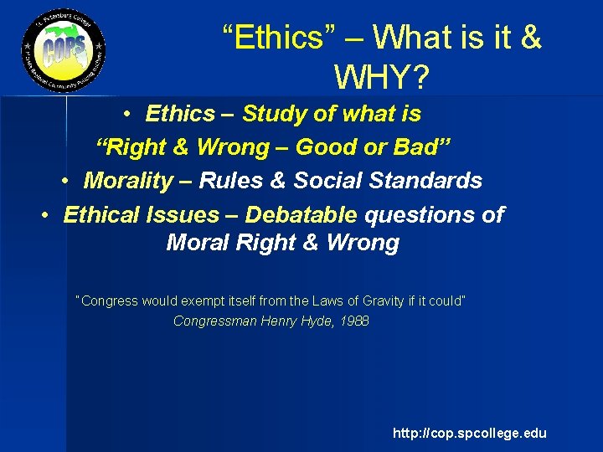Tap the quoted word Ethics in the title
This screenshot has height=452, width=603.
point(281,37)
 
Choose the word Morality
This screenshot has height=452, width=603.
point(131,181)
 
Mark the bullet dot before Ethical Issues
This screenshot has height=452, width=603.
point(48,215)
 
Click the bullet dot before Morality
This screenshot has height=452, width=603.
point(67,181)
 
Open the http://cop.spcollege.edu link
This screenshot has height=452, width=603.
point(470,433)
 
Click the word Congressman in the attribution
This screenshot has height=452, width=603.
point(213,321)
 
